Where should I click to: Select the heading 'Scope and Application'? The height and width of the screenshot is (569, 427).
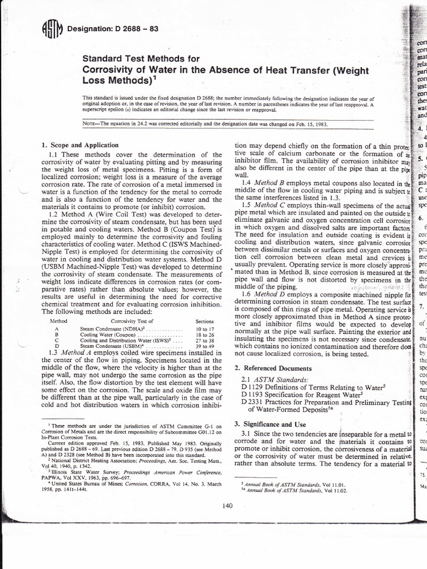78,145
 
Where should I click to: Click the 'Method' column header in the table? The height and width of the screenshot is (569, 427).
59,321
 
